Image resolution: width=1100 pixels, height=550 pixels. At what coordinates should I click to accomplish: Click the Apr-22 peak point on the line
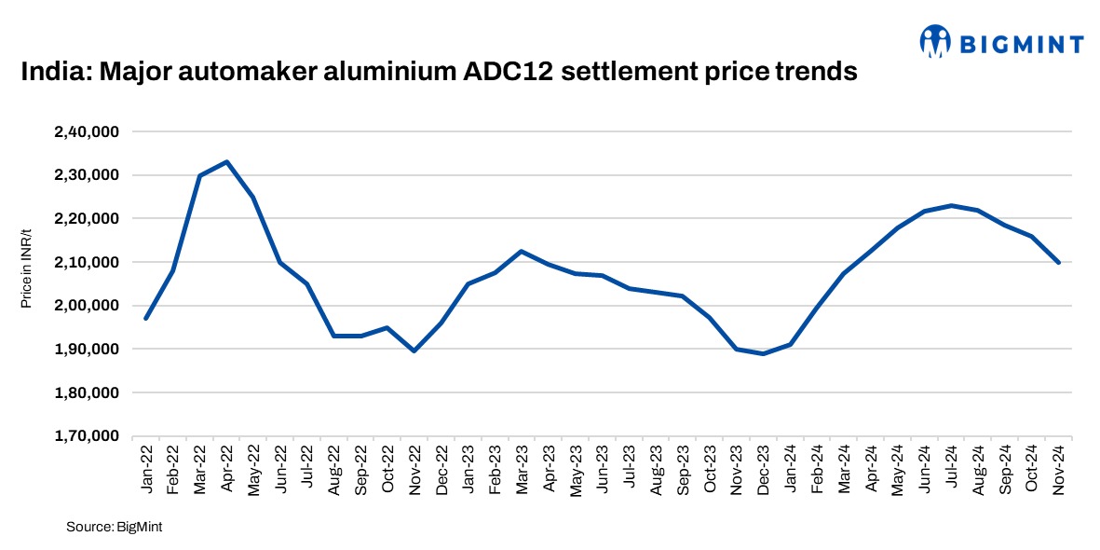pos(226,161)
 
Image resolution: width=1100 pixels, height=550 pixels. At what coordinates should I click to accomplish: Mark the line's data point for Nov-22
pos(414,351)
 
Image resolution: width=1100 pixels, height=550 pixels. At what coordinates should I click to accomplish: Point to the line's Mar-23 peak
pos(521,251)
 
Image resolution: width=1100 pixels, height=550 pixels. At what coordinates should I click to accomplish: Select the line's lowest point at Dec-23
pos(764,353)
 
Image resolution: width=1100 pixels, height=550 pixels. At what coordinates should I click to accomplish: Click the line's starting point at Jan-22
pos(146,319)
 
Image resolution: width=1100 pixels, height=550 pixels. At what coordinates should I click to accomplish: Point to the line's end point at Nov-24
pos(1059,263)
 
